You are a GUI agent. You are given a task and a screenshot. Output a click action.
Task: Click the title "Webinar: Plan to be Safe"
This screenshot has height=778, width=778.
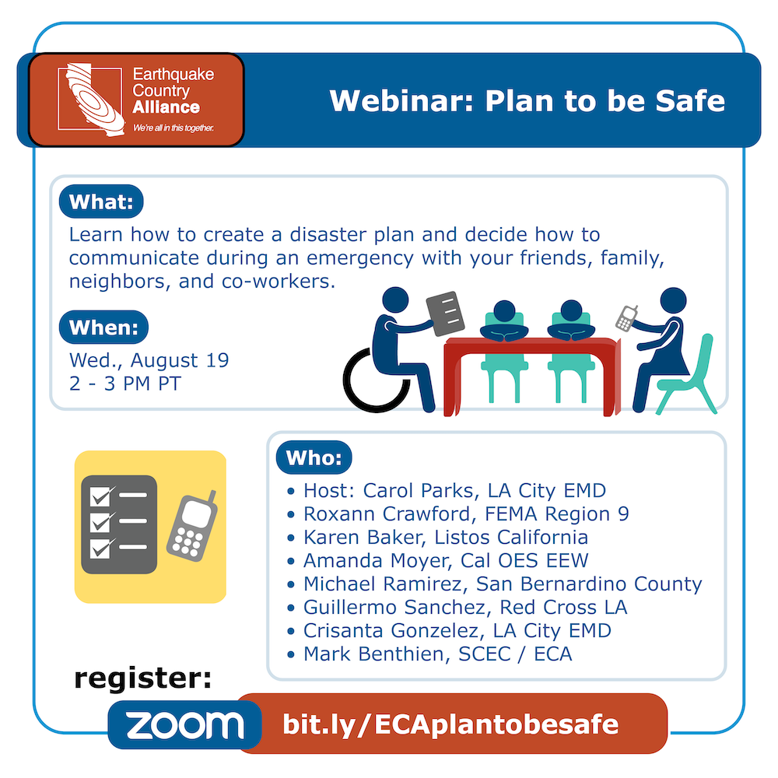(x=527, y=101)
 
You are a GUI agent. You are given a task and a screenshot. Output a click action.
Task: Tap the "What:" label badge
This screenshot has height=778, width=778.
(x=101, y=202)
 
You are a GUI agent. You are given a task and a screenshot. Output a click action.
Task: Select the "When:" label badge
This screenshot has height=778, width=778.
(x=103, y=327)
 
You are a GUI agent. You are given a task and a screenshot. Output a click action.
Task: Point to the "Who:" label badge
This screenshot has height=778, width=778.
(x=314, y=457)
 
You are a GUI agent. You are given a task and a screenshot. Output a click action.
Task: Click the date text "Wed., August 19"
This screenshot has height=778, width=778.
(x=149, y=360)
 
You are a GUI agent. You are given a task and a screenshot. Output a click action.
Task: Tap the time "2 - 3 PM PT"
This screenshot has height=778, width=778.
(x=125, y=384)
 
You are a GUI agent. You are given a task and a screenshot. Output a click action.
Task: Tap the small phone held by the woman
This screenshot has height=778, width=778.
(x=626, y=318)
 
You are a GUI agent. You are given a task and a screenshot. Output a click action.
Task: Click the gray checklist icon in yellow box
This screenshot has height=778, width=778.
(x=119, y=524)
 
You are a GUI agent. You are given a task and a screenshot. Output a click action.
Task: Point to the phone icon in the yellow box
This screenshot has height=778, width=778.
(x=191, y=527)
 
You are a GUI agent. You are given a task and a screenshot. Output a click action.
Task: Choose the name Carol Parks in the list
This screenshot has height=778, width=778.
(x=418, y=491)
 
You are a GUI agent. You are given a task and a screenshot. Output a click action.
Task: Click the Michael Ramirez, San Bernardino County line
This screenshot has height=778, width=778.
(x=503, y=584)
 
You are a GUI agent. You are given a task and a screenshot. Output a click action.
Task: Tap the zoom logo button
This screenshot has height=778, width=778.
(x=184, y=725)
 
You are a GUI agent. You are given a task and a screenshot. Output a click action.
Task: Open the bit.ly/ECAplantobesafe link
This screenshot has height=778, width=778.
(x=450, y=724)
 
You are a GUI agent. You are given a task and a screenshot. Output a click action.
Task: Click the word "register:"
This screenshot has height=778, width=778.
(x=143, y=678)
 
